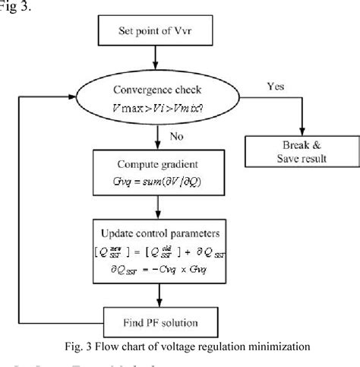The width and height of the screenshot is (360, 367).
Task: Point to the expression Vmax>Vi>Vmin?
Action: coord(158,108)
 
